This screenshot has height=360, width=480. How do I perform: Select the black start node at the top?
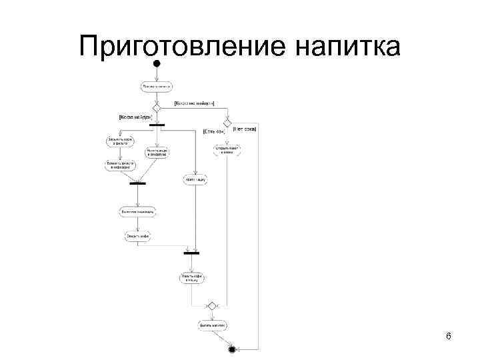[x=157, y=65]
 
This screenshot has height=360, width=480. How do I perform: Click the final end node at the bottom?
[x=231, y=349]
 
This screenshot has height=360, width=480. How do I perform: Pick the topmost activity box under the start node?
[x=157, y=86]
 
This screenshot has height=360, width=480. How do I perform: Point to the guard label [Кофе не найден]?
[x=194, y=103]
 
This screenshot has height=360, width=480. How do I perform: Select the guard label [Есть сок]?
[x=214, y=132]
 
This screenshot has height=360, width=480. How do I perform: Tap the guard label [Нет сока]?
[x=245, y=128]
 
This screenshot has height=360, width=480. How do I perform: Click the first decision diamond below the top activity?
[x=157, y=107]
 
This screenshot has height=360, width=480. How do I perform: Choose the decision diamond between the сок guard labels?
[x=228, y=124]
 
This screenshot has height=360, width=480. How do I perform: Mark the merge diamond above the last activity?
[x=212, y=305]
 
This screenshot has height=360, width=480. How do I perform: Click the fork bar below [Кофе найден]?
[x=157, y=125]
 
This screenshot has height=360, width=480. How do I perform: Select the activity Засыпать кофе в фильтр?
[x=120, y=141]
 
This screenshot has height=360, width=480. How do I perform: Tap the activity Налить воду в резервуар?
[x=158, y=153]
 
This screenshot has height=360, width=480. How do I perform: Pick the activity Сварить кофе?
[x=137, y=236]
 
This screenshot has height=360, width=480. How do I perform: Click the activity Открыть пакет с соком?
[x=228, y=150]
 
